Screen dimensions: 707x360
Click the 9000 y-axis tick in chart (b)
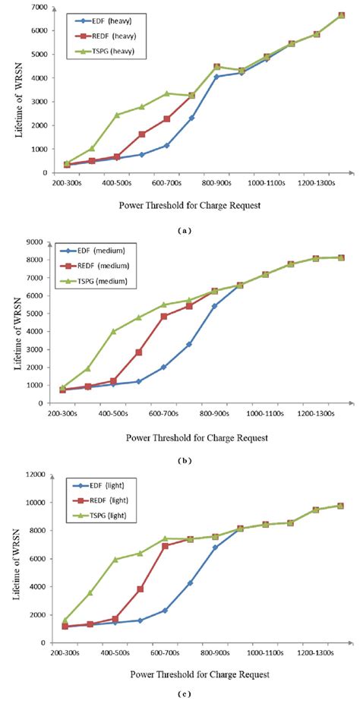[35, 242]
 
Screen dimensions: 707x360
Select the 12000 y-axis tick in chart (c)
[33, 475]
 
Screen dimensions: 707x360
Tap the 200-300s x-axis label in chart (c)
[67, 652]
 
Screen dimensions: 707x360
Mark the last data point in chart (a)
[341, 15]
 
